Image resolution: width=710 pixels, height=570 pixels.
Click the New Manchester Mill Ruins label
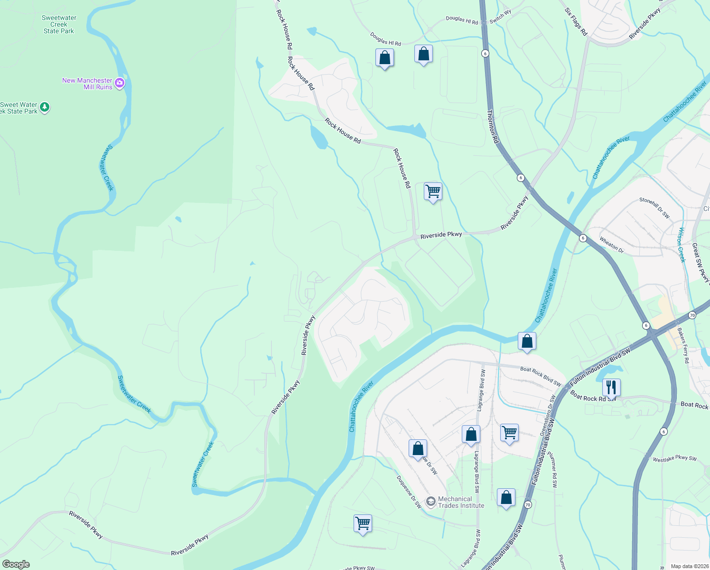[x=87, y=84]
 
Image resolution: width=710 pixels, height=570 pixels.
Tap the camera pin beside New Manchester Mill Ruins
[x=120, y=83]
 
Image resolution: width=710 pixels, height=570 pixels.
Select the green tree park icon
[x=45, y=107]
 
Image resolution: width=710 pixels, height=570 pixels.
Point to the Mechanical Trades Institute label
[x=461, y=502]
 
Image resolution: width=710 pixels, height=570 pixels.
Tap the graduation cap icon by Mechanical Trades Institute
[x=430, y=502]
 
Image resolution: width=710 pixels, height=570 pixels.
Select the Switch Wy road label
[x=500, y=16]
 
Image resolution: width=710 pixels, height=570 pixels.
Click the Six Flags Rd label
[x=576, y=21]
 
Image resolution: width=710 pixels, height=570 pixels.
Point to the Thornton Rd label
[x=493, y=127]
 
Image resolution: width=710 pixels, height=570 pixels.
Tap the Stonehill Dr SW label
[x=654, y=208]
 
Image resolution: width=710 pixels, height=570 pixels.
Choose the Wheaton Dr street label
[x=611, y=244]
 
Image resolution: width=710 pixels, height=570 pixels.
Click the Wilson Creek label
[x=682, y=245]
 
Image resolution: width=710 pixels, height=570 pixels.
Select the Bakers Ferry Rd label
[x=683, y=345]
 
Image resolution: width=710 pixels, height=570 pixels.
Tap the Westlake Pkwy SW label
[x=674, y=458]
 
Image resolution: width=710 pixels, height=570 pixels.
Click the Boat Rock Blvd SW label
[x=541, y=376]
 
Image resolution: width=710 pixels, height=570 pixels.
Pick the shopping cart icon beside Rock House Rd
[x=433, y=191]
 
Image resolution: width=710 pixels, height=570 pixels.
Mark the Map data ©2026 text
[x=688, y=566]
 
